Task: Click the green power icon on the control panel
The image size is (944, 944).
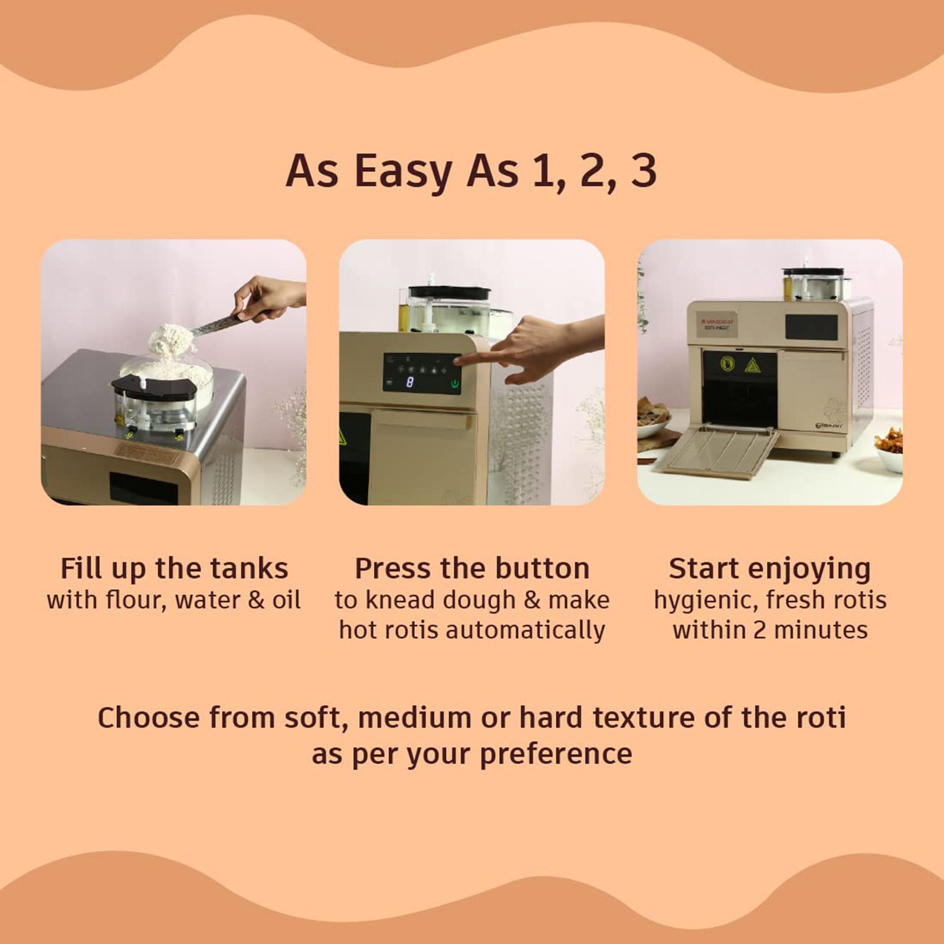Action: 454,384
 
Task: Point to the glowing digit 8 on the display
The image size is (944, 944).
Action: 409,383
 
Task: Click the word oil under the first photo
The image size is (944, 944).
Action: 287,600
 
